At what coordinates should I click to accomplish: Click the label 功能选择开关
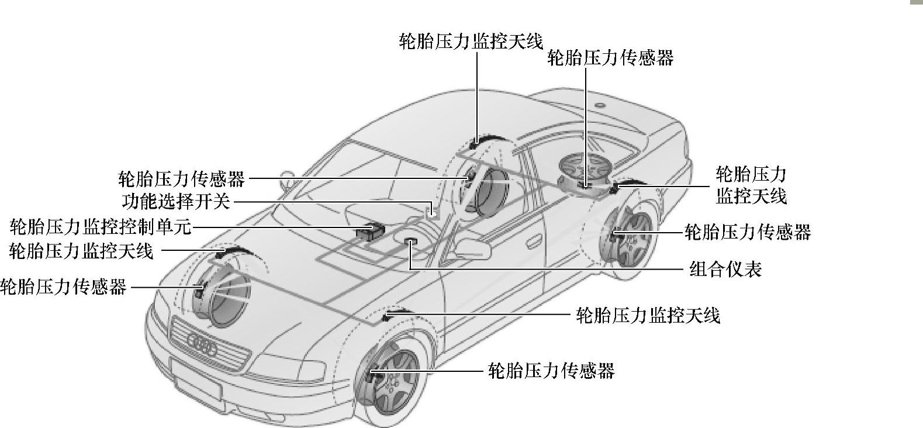(176, 202)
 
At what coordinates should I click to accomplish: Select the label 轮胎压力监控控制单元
(101, 227)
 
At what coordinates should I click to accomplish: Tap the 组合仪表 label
(725, 270)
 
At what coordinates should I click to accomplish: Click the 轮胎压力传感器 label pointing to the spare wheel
(610, 58)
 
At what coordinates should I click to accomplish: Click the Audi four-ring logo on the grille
(202, 344)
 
